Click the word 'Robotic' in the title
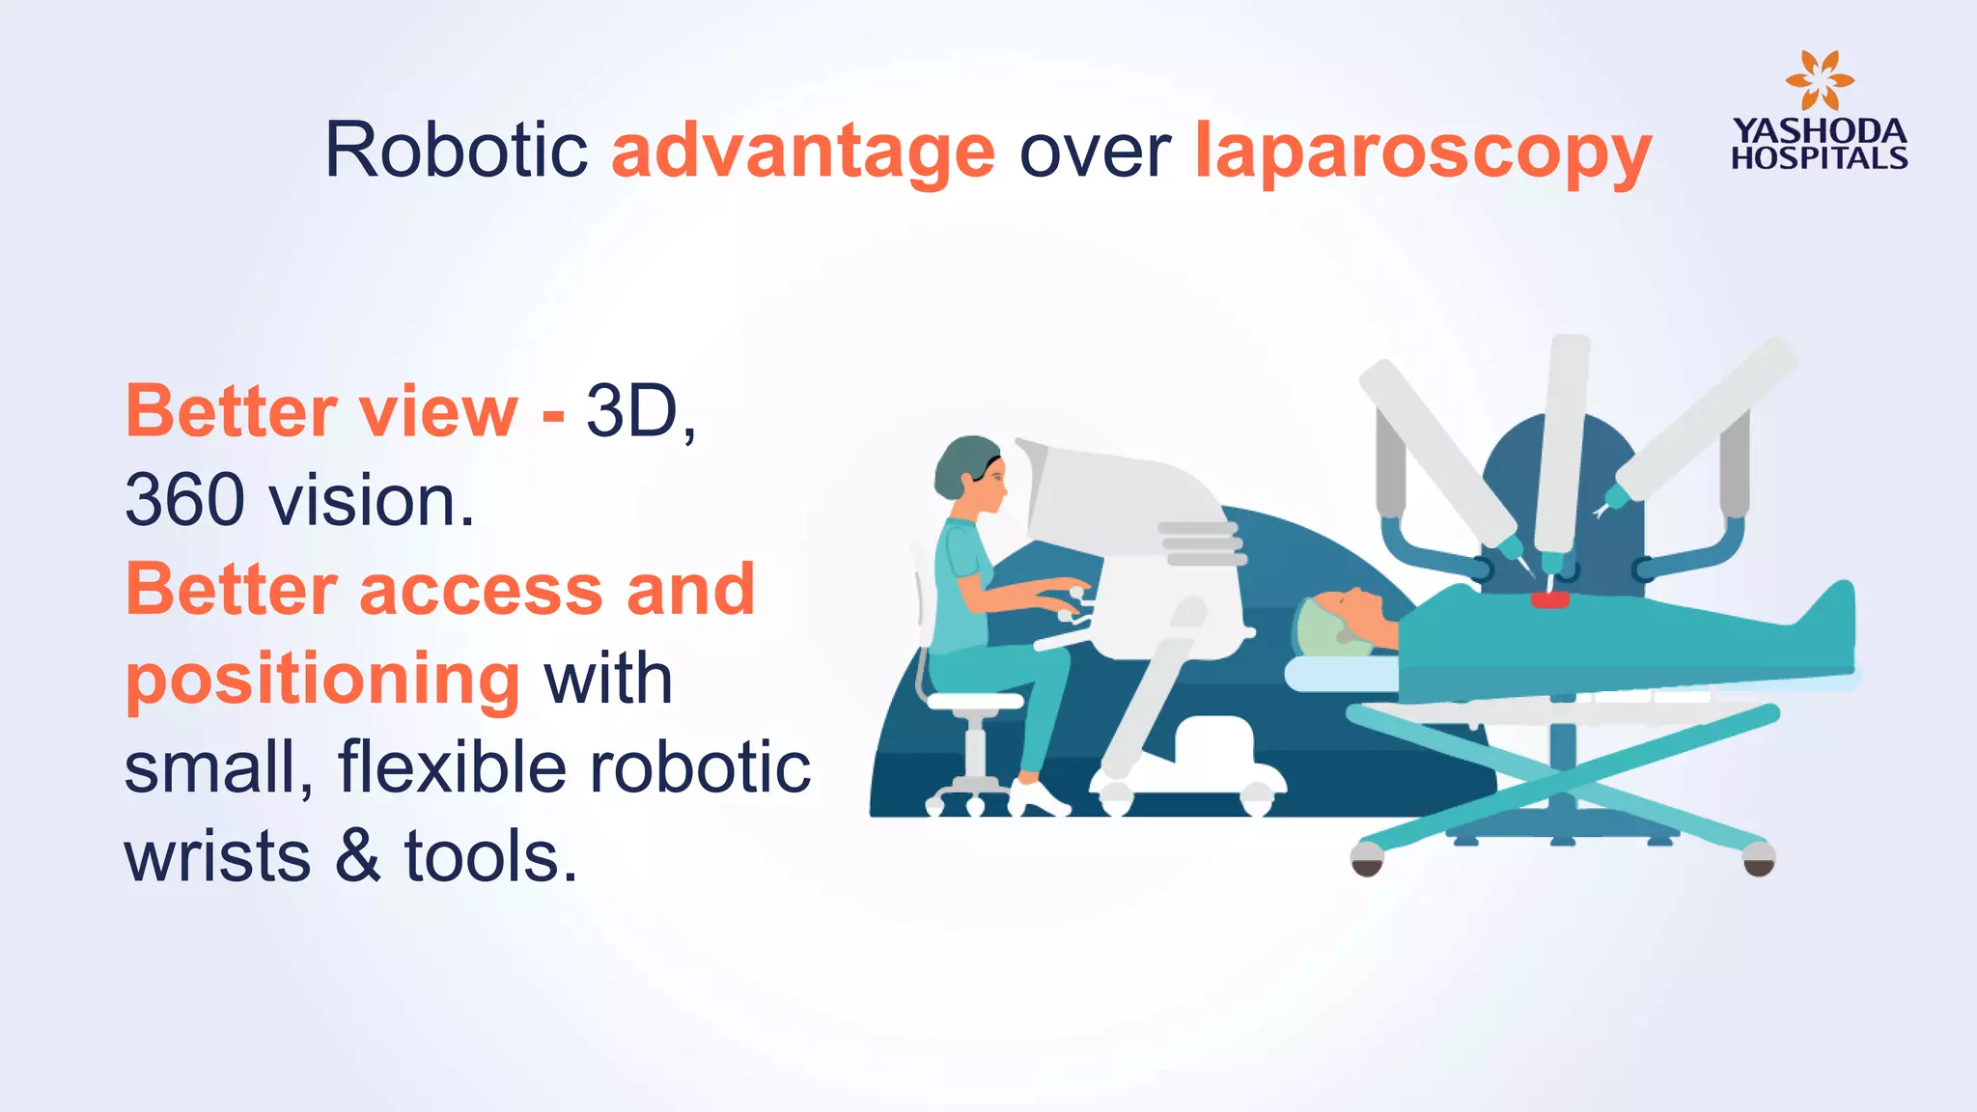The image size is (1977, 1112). (x=456, y=151)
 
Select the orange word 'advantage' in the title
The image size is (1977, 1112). (x=803, y=153)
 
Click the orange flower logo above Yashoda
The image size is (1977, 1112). (x=1819, y=80)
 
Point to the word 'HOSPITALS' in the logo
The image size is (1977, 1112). (x=1819, y=158)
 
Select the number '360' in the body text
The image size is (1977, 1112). (x=184, y=501)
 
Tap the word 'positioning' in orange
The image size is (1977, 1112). (x=323, y=680)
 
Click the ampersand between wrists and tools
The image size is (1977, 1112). (x=358, y=857)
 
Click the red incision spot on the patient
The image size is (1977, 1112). (x=1549, y=600)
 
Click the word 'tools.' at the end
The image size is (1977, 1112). (x=490, y=857)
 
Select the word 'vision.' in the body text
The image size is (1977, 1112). (x=372, y=501)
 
